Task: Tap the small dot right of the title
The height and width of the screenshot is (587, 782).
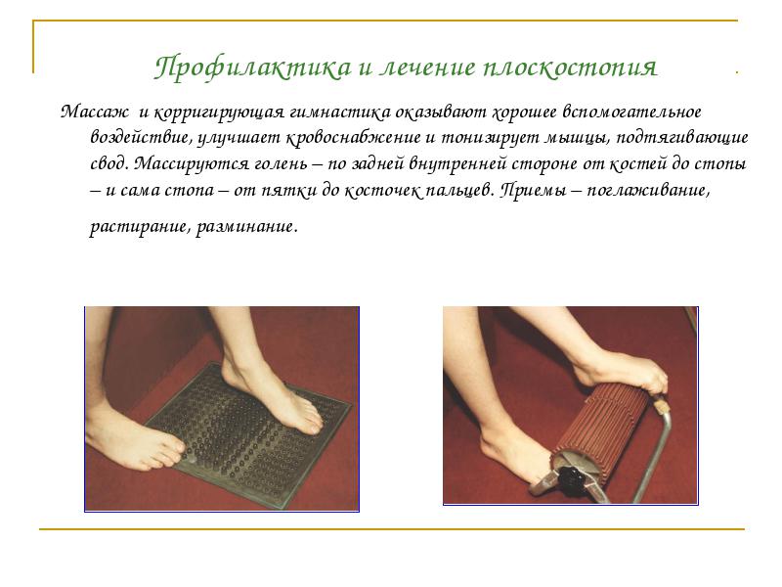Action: coord(735,72)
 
